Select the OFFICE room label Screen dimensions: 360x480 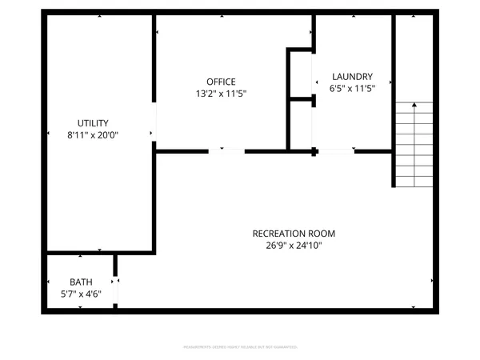click(221, 82)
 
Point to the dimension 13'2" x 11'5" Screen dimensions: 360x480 click(221, 94)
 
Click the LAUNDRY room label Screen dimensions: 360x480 click(352, 76)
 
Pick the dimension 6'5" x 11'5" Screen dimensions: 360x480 click(352, 88)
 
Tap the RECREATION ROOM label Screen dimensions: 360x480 click(294, 234)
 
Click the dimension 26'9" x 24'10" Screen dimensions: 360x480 click(294, 246)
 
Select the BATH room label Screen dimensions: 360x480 click(81, 282)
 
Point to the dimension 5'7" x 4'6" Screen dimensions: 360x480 click(81, 294)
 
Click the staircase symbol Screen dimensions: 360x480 click(414, 144)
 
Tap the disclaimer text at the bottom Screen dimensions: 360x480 click(240, 347)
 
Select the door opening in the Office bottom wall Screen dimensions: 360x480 click(227, 150)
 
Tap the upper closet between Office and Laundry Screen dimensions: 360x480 click(300, 74)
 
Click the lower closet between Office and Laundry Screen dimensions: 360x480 click(300, 124)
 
